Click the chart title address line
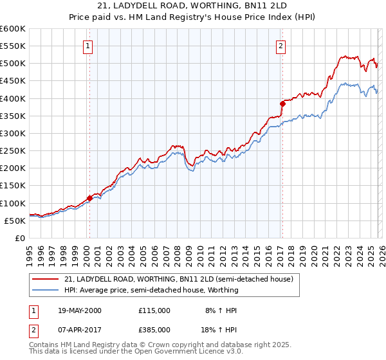tap(192, 6)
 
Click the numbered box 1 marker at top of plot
tap(88, 46)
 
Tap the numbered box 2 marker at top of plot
tap(282, 46)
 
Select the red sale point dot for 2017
tap(282, 104)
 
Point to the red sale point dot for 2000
tap(89, 198)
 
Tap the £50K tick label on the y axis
tap(15, 221)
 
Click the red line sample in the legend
tap(46, 280)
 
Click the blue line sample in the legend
tap(46, 291)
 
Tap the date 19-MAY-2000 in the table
tap(80, 310)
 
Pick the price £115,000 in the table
tap(154, 310)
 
